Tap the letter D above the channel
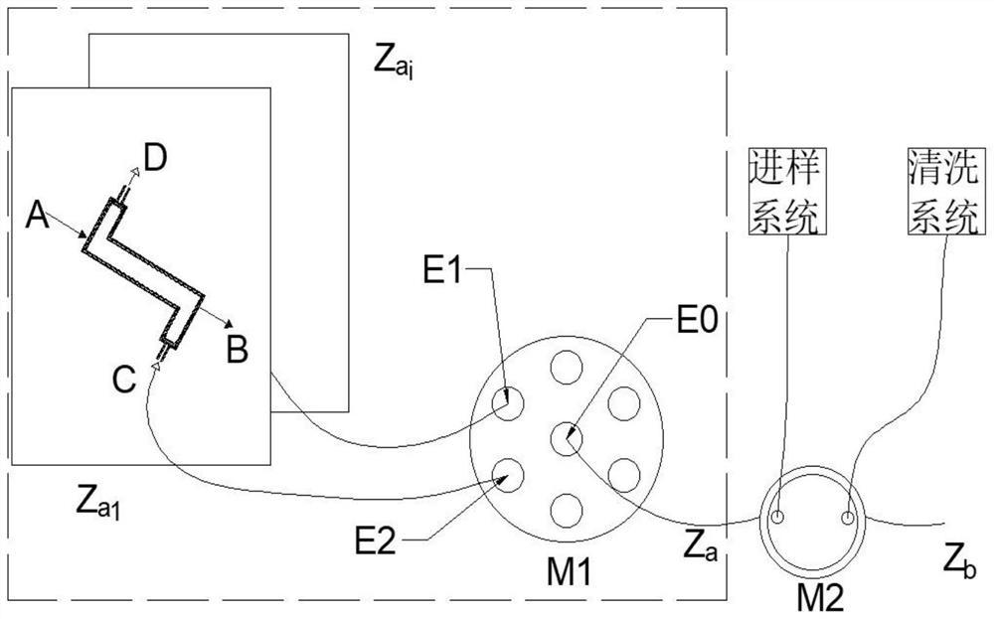(156, 157)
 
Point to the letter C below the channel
(123, 381)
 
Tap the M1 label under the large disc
(568, 572)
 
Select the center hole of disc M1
(566, 437)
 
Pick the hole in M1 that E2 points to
(510, 474)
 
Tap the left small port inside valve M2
(779, 517)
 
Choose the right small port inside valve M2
(847, 517)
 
